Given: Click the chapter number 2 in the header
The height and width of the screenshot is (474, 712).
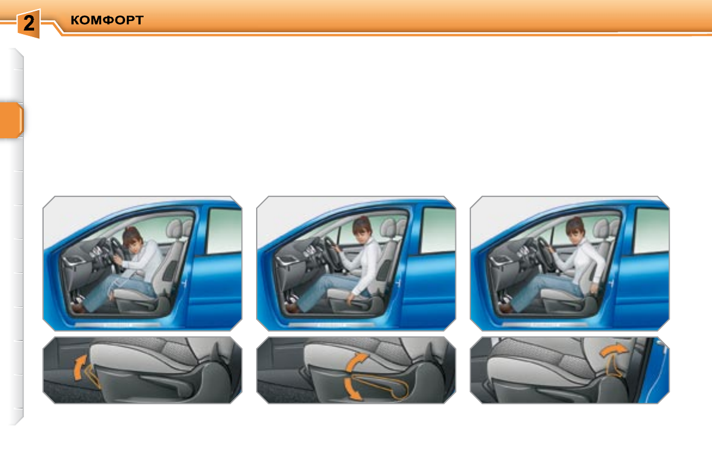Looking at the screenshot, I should click(x=29, y=24).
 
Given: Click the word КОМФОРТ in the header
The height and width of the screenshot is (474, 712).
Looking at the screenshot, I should click(x=107, y=21).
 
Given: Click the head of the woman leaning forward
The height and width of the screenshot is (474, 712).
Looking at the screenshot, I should click(x=133, y=239).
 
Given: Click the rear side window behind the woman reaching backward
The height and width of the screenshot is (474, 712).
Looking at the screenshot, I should click(x=651, y=230).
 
